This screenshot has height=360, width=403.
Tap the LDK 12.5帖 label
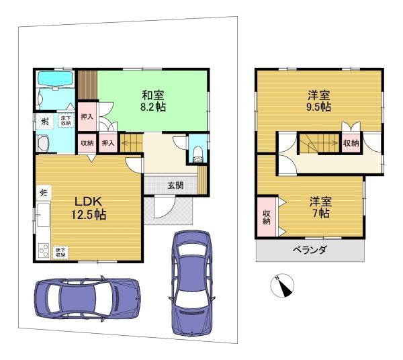(88, 208)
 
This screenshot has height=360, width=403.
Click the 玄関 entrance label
(175, 185)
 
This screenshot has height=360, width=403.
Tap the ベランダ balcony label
(310, 251)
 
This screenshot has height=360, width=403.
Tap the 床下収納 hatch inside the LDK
(61, 252)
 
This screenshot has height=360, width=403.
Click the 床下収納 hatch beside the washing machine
(65, 121)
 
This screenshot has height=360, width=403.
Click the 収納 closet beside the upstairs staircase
(350, 143)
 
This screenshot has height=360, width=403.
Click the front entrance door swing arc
(163, 208)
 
